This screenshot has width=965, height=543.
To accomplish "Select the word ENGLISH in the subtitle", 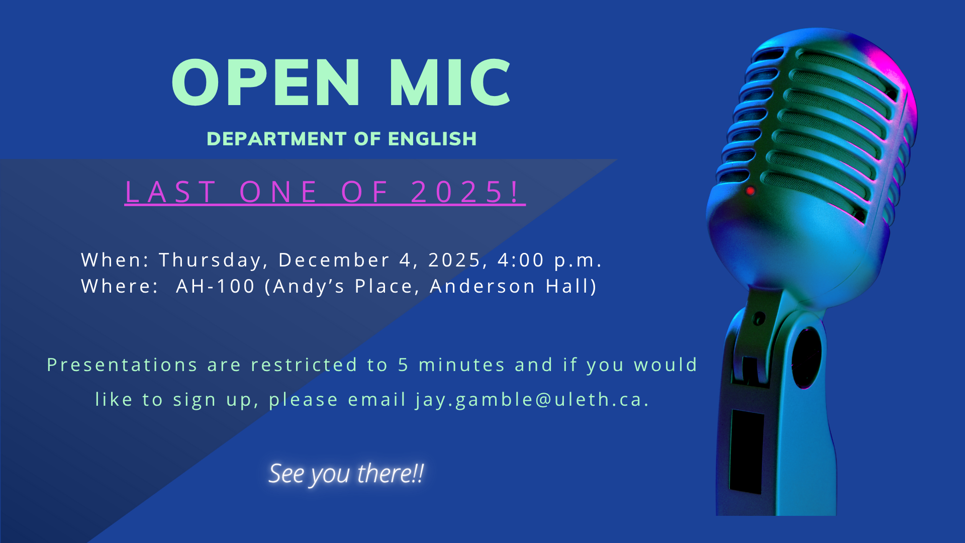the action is point(432,139).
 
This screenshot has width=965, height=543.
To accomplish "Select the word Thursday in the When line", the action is point(210,260).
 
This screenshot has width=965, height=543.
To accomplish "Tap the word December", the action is point(334,260).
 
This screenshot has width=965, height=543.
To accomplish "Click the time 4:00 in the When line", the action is point(521,260).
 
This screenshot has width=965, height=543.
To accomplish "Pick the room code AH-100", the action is point(216,286).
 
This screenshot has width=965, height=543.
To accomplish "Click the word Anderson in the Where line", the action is point(482,286).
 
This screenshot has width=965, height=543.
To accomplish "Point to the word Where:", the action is point(120,286).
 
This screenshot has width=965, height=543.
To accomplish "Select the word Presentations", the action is point(122,365).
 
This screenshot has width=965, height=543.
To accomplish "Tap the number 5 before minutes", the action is point(403,365).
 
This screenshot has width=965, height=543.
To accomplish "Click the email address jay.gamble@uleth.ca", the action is point(532,400).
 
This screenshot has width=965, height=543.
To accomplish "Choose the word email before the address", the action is point(377,400).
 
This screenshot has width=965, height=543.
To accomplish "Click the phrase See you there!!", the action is point(346,474).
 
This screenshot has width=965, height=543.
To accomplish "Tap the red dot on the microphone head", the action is point(750,191).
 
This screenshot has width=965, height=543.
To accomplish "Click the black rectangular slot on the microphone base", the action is point(747,451).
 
